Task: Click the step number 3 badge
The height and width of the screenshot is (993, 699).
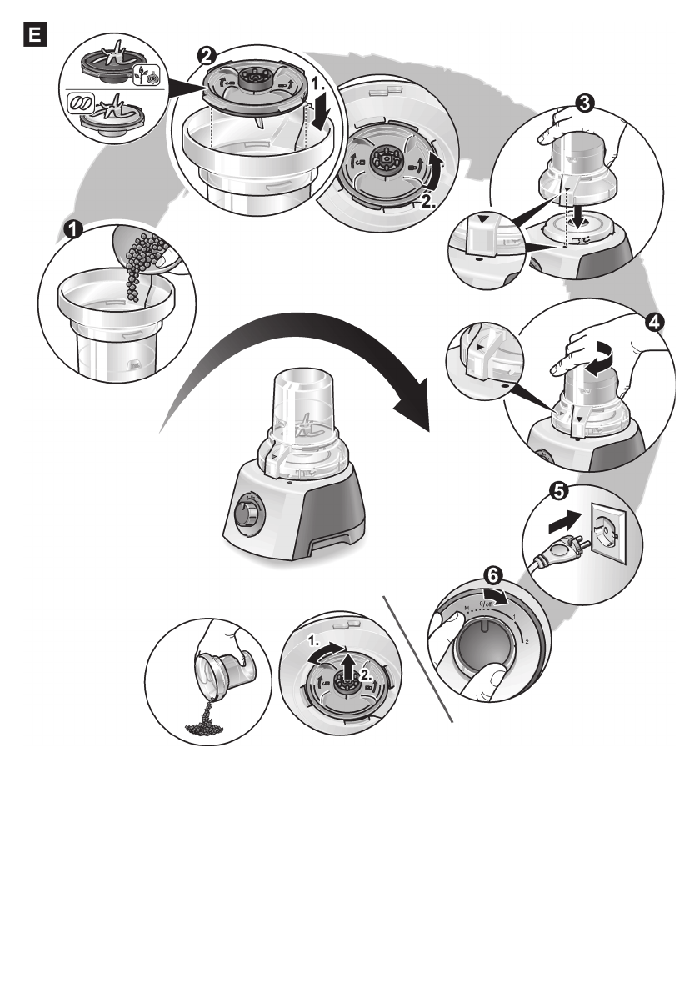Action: (x=585, y=103)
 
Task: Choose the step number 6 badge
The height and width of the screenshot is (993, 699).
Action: (x=493, y=575)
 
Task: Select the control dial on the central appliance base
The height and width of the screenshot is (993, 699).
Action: (x=246, y=511)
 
